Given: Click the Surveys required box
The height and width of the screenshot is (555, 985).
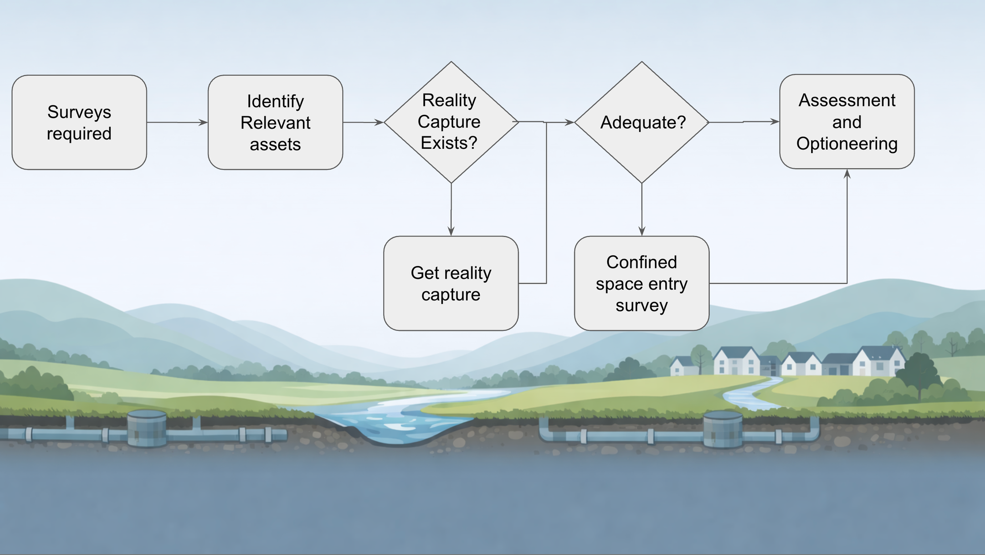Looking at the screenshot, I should tap(79, 123).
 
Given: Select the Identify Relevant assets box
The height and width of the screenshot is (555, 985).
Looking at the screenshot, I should tap(275, 123).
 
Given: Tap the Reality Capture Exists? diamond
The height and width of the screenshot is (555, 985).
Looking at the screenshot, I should tap(451, 122).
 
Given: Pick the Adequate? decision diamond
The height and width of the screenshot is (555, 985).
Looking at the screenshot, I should tap(642, 122).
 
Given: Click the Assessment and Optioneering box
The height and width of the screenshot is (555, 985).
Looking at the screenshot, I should tap(847, 122).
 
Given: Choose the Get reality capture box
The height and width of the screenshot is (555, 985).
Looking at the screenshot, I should tap(451, 283).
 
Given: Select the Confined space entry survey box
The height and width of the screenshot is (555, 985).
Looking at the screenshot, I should tap(642, 283).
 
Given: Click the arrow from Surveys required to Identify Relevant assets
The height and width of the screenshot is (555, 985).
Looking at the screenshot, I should tap(177, 122).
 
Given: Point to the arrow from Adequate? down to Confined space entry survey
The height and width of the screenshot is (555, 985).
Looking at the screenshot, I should tap(642, 209).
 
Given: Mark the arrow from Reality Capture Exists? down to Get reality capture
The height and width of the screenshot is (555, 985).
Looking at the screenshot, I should tap(451, 209).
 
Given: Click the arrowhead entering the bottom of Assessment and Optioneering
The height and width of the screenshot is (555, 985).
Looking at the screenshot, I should tap(847, 174).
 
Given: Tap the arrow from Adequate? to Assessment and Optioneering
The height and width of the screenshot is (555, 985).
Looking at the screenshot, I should tap(744, 122).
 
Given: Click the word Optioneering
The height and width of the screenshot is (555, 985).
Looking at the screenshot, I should tap(847, 144).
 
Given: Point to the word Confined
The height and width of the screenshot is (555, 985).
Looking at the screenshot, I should tap(641, 262).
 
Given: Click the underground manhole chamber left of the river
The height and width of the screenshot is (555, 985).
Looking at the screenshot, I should tap(147, 428).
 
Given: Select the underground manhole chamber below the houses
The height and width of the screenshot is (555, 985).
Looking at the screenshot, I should tap(722, 429).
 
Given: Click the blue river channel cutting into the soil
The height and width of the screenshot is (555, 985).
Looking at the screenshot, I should tap(399, 426).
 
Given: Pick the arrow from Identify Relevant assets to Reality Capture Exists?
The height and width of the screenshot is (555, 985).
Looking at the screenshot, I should tap(363, 122).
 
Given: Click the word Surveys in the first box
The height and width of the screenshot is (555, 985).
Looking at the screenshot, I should tap(79, 112).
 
